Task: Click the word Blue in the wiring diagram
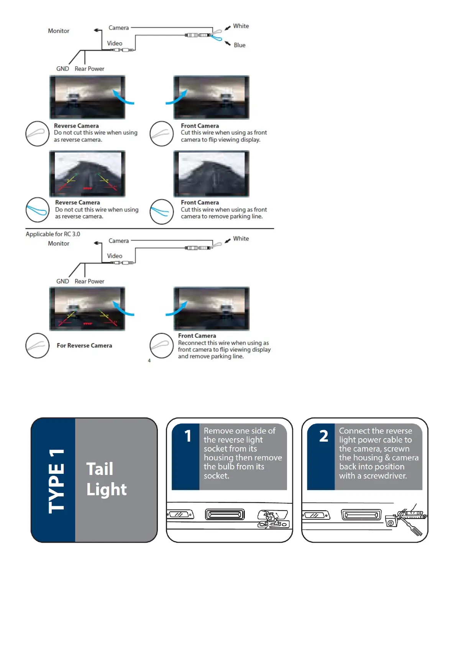pyautogui.click(x=239, y=45)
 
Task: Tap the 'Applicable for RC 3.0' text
pyautogui.click(x=53, y=234)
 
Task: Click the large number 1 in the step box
pyautogui.click(x=188, y=436)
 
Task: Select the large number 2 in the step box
pyautogui.click(x=324, y=436)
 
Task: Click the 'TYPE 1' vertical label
pyautogui.click(x=56, y=481)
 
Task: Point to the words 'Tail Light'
pyautogui.click(x=106, y=479)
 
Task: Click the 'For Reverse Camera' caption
pyautogui.click(x=84, y=345)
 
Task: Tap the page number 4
pyautogui.click(x=149, y=360)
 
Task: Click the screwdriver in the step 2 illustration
pyautogui.click(x=412, y=527)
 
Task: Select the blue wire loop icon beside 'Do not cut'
pyautogui.click(x=38, y=210)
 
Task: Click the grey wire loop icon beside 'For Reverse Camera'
pyautogui.click(x=38, y=345)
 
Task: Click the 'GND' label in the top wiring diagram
pyautogui.click(x=62, y=69)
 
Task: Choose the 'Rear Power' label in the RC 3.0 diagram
pyautogui.click(x=89, y=282)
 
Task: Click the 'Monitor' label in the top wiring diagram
pyautogui.click(x=59, y=31)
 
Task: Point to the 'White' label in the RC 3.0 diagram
pyautogui.click(x=241, y=239)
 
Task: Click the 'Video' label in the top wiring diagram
pyautogui.click(x=115, y=43)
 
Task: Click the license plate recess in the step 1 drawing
pyautogui.click(x=225, y=514)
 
